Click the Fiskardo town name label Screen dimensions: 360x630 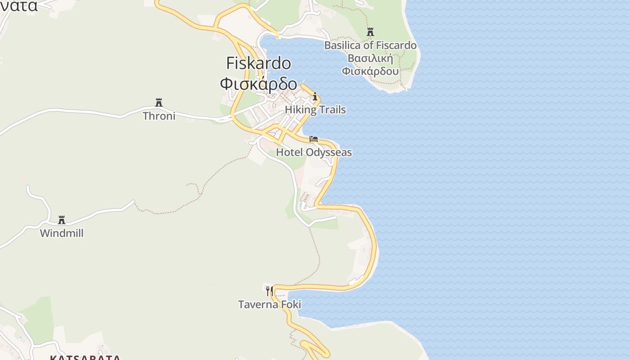click(258, 63)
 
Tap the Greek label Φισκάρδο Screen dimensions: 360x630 click(258, 84)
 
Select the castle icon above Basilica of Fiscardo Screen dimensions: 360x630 click(370, 32)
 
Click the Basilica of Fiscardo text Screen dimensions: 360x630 click(370, 45)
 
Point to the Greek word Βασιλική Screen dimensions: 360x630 click(370, 58)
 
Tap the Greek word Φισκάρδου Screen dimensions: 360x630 click(370, 71)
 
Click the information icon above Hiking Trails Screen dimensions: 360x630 click(315, 96)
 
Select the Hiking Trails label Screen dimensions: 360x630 click(315, 110)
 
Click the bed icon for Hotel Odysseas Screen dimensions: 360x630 click(314, 139)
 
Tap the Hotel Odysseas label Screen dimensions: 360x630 click(314, 153)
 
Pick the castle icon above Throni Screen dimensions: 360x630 click(158, 103)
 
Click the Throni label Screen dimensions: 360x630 click(159, 116)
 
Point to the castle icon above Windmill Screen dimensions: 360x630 click(62, 220)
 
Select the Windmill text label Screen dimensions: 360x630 click(62, 234)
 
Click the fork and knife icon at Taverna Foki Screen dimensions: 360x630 click(269, 291)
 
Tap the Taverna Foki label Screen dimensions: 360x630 click(269, 305)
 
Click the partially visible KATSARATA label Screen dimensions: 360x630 click(85, 358)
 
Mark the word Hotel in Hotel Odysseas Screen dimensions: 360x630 click(289, 153)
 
